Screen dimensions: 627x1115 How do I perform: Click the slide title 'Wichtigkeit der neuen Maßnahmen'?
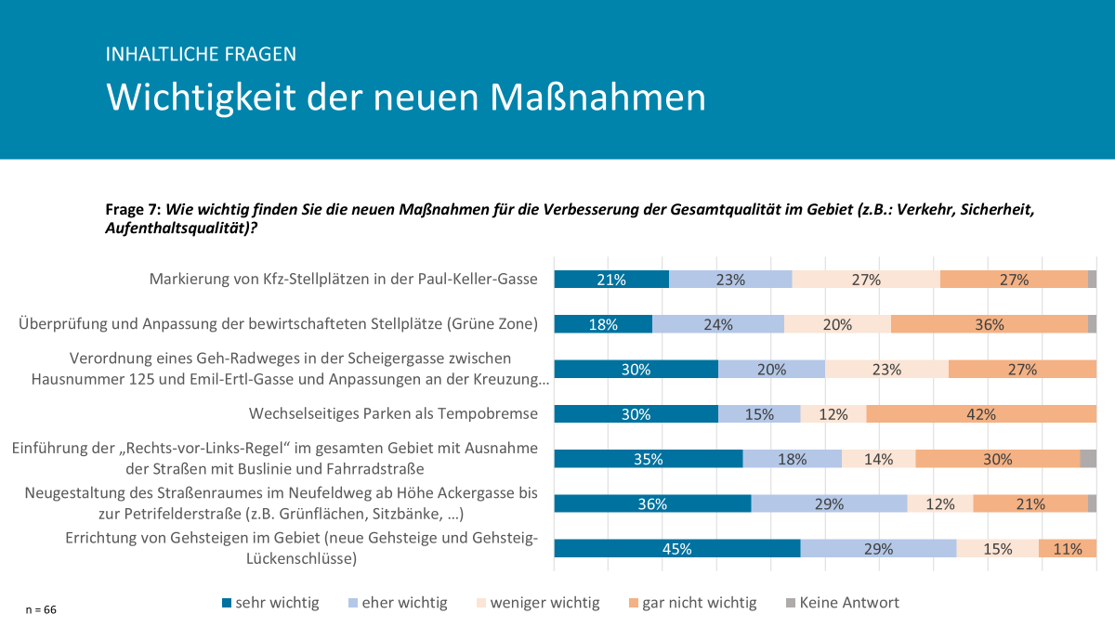tap(406, 98)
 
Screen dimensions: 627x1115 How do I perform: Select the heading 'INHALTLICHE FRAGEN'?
tap(202, 54)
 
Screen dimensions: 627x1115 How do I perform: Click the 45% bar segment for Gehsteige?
tap(676, 549)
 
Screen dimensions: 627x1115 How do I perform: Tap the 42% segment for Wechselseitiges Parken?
tap(981, 414)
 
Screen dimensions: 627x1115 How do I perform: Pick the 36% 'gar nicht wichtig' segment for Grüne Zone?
tap(989, 324)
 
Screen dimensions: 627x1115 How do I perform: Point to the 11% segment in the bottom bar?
tap(1067, 549)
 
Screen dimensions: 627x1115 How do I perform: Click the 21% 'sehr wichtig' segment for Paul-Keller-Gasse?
tap(611, 280)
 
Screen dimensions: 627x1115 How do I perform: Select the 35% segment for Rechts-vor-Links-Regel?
tap(649, 459)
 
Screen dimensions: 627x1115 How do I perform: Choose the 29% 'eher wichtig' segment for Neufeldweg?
tap(829, 504)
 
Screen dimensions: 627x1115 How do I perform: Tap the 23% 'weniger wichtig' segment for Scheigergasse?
tap(886, 369)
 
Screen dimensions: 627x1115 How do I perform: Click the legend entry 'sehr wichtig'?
tap(269, 603)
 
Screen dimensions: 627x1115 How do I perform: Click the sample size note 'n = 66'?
tap(40, 610)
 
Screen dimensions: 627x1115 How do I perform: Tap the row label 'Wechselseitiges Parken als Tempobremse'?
tap(393, 413)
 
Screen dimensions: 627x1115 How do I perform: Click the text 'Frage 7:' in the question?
tap(134, 210)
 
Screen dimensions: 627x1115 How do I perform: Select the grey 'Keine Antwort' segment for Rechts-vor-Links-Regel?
tap(1088, 459)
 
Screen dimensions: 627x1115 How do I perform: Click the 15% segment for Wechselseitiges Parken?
tap(759, 414)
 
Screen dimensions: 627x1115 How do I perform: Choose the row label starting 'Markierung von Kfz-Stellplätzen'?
tap(344, 279)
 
